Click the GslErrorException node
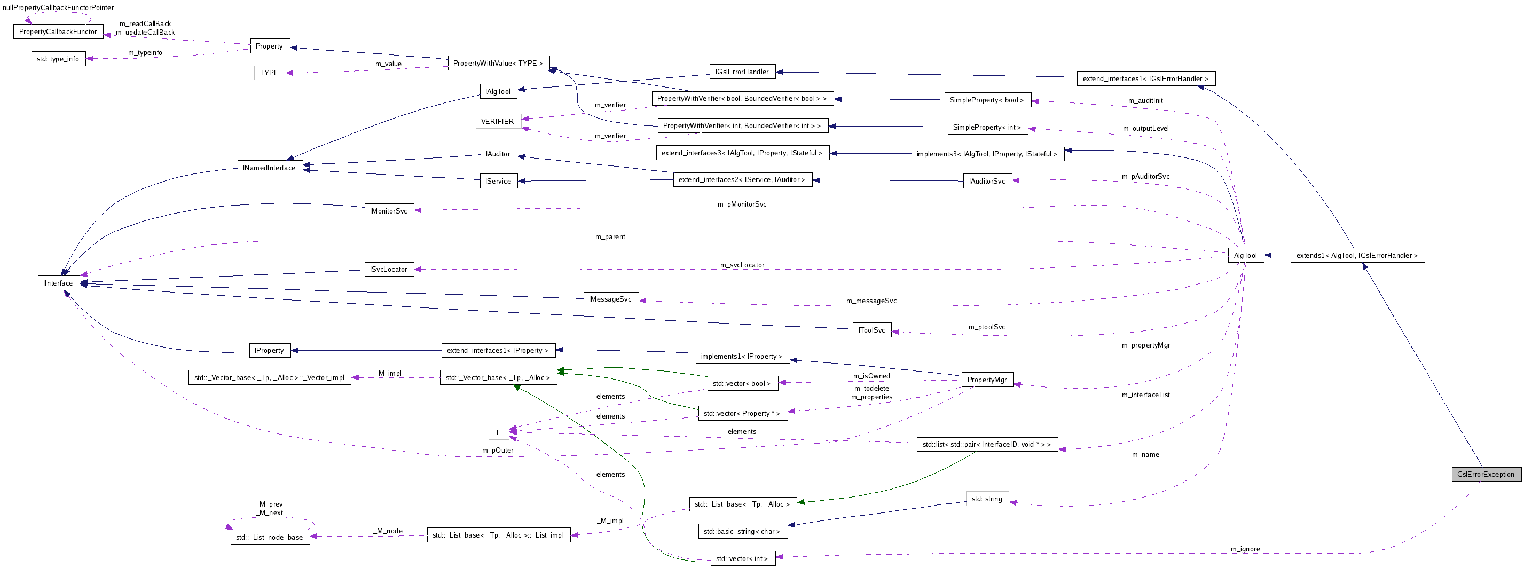1486,474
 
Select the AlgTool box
1245,256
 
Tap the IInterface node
58,283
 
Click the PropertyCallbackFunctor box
58,32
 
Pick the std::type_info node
58,59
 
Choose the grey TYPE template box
269,73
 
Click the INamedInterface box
269,168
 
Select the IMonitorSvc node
389,211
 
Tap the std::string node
987,499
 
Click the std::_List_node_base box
269,537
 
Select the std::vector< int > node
742,558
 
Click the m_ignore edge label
1245,549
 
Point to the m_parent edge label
610,236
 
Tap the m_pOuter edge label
498,450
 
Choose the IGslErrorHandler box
742,72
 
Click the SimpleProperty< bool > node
987,100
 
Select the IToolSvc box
871,330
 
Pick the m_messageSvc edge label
871,301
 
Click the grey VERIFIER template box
498,121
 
